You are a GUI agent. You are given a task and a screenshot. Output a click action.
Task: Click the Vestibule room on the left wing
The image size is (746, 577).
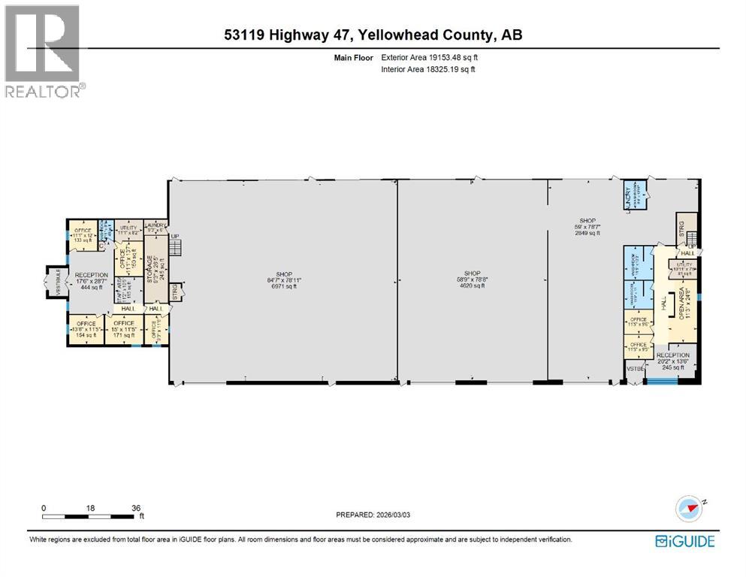(52, 284)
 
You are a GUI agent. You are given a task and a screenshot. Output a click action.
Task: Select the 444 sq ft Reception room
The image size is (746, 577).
(91, 281)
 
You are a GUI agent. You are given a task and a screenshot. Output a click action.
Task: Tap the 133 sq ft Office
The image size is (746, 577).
(84, 235)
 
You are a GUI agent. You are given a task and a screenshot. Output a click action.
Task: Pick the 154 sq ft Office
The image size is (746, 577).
(85, 328)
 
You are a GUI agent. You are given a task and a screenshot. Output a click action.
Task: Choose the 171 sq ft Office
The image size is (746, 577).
(123, 328)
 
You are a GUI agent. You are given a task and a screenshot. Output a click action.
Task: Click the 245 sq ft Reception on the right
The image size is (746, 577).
(672, 361)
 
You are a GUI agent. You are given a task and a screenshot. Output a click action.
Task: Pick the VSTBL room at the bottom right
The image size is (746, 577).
(636, 370)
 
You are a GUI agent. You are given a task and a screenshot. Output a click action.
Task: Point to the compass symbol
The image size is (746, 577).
(688, 509)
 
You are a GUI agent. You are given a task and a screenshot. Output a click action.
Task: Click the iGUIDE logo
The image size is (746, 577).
(684, 541)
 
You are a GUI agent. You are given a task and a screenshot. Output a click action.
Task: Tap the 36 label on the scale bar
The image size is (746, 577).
(136, 507)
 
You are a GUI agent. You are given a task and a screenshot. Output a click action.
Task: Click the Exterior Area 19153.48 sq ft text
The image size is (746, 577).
(428, 56)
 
